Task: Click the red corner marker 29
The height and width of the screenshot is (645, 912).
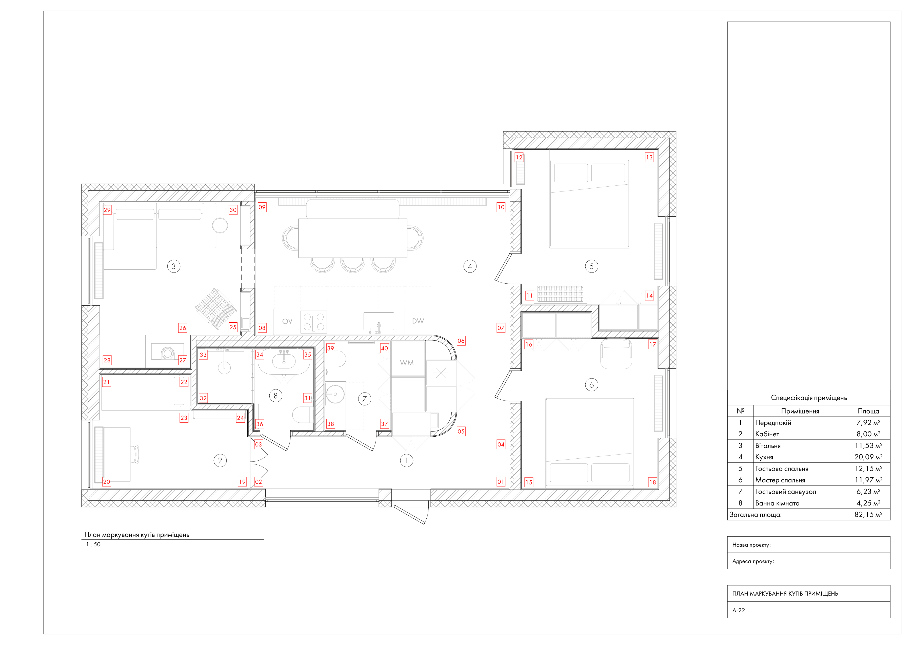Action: [x=107, y=210]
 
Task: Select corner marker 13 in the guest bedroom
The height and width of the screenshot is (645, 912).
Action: [x=649, y=157]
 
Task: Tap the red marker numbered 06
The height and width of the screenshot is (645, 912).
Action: [x=461, y=341]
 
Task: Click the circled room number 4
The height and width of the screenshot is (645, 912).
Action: [x=470, y=267]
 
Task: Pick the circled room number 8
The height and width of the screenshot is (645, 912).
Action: [x=276, y=396]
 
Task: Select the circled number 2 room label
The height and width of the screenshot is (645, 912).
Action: [x=220, y=461]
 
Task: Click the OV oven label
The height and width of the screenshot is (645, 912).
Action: [x=287, y=321]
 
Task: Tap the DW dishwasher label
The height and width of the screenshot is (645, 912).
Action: [x=418, y=321]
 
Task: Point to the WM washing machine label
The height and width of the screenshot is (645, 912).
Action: [x=407, y=363]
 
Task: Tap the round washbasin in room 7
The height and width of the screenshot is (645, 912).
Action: [x=335, y=394]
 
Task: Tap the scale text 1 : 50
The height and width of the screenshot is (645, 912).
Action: [x=93, y=545]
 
